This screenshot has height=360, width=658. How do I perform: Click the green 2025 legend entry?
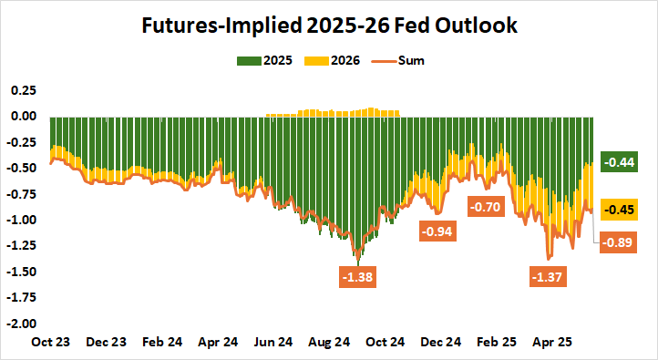(x=263, y=61)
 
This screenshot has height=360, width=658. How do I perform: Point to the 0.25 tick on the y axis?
(x=23, y=90)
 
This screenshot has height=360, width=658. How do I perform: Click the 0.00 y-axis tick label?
(x=23, y=117)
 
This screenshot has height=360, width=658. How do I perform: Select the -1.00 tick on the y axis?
(x=21, y=220)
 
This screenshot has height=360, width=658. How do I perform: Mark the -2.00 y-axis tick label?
(x=21, y=324)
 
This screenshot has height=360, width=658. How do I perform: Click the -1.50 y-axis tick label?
(x=21, y=272)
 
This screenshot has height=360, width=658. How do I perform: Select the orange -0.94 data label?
(x=438, y=231)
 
